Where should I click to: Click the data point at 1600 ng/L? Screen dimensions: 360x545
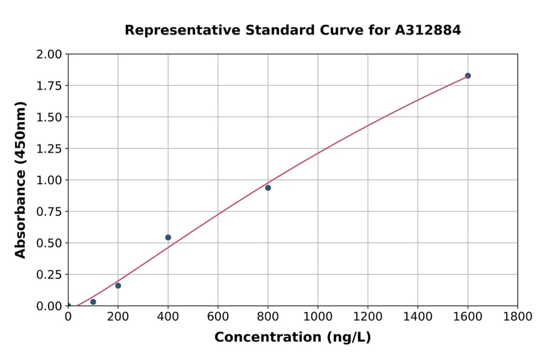coord(467,76)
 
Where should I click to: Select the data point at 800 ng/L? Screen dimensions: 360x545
coord(268,188)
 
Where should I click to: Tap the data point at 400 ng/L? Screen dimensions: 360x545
coord(168,238)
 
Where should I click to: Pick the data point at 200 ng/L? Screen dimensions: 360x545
coord(118,285)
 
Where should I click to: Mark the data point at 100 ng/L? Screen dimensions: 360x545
coord(93,302)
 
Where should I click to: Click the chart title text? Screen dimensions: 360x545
coord(292,30)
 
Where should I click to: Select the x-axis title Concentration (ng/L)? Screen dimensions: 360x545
coord(292,338)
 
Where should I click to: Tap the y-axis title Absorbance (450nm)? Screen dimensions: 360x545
coord(21,180)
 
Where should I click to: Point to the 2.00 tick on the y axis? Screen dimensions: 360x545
coord(49,55)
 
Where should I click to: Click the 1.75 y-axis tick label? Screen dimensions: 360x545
coord(49,86)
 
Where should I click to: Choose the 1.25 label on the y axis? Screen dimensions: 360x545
coord(49,149)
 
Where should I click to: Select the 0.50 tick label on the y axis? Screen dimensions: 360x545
coord(49,243)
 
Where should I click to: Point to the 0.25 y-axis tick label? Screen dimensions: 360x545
coord(49,275)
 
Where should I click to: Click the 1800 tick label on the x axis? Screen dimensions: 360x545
coord(517,317)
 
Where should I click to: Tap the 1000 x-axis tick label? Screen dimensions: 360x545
coord(317,317)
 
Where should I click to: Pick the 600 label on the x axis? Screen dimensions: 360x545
coord(218,317)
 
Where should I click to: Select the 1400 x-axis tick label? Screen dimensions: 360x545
coord(417,317)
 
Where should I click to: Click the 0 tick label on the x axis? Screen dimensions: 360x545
coord(68,317)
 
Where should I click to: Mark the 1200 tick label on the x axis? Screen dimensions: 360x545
coord(368,317)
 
